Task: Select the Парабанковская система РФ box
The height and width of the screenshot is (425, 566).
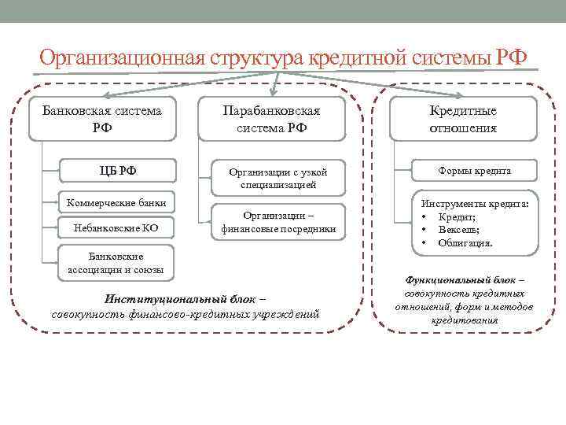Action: click(272, 119)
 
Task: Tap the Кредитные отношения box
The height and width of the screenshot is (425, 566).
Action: click(463, 119)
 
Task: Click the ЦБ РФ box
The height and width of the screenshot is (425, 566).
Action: click(118, 171)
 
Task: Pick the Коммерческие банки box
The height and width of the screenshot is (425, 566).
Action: click(115, 202)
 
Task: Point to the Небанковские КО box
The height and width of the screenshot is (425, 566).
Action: click(116, 228)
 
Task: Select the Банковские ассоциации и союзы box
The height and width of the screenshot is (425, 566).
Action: click(115, 264)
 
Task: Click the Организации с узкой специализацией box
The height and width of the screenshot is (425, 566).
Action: click(277, 178)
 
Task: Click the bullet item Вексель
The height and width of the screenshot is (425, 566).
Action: click(459, 230)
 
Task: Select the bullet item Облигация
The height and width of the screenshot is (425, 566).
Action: click(465, 243)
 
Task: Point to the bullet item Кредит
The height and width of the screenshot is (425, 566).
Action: click(456, 216)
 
